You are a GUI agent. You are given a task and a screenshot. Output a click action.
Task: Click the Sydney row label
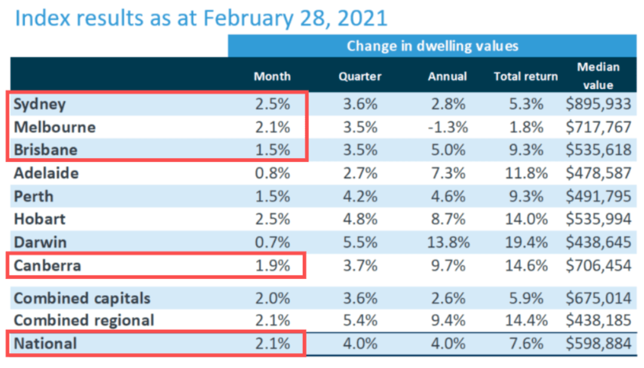click(39, 104)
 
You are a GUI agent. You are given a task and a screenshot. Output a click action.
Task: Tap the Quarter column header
click(360, 76)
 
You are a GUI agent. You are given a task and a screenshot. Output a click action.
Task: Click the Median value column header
click(598, 76)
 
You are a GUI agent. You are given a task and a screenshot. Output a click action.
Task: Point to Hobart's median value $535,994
click(598, 219)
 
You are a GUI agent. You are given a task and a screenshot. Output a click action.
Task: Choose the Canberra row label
click(47, 266)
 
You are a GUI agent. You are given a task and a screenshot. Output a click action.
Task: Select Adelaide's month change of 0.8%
click(272, 174)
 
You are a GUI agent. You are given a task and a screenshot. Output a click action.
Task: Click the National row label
click(45, 344)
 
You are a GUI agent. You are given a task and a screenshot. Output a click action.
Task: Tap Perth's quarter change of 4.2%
click(360, 197)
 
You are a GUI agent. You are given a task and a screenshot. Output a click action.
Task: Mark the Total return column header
click(526, 76)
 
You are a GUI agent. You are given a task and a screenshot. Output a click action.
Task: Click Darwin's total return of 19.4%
click(526, 243)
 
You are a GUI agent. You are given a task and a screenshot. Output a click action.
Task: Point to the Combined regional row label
click(84, 320)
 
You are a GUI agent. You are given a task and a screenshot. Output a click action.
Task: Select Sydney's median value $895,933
click(598, 104)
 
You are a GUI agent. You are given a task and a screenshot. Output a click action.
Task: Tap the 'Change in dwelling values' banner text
click(433, 46)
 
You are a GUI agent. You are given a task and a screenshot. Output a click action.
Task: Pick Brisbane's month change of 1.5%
click(272, 150)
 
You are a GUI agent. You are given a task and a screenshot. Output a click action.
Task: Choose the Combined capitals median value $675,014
click(598, 298)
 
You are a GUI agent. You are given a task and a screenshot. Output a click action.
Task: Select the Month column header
click(272, 76)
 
